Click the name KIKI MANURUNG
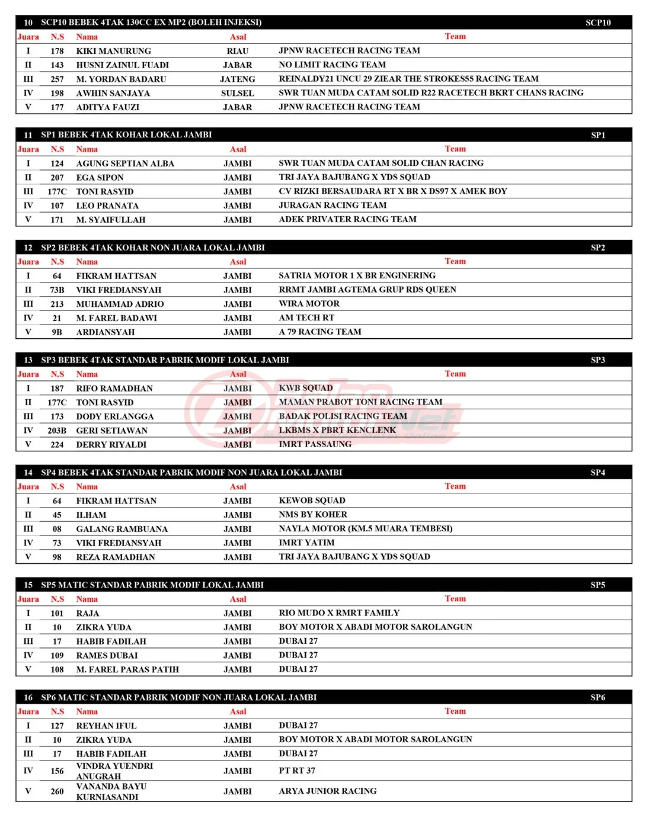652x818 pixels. point(113,51)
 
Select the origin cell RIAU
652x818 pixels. point(238,51)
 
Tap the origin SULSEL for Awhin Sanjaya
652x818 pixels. point(238,93)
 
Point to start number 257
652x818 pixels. point(57,79)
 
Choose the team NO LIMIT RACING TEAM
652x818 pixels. point(332,65)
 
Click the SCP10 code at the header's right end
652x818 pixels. point(597,23)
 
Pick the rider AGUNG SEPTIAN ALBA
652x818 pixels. point(125,163)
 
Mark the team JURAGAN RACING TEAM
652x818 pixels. point(333,205)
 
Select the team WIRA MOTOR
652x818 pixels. point(309,303)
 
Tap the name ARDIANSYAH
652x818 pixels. point(106,332)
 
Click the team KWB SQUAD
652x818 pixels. point(306,388)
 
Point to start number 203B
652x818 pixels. point(57,431)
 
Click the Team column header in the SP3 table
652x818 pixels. point(455,374)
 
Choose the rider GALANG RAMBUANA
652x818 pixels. point(122,529)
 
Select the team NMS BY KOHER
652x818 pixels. point(313,514)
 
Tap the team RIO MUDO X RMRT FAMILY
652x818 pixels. point(339,612)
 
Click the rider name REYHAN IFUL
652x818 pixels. point(106,726)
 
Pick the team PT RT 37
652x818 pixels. point(297,771)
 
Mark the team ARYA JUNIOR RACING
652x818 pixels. point(328,791)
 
